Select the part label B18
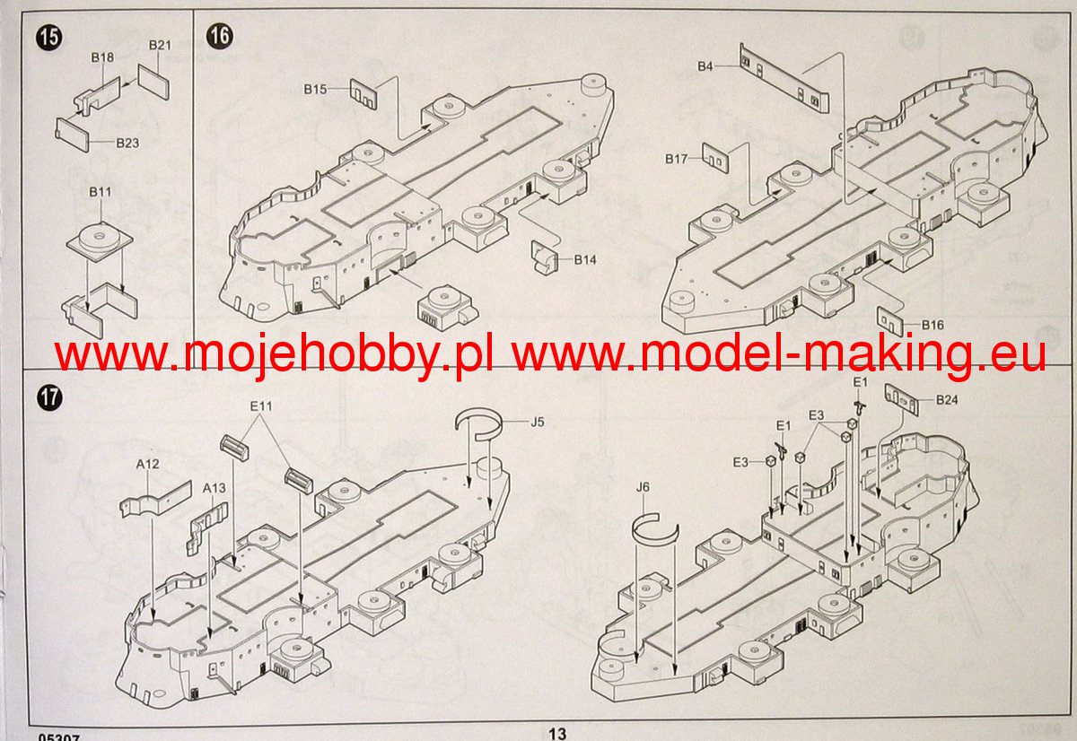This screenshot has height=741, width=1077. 102,57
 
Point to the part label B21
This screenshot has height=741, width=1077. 160,45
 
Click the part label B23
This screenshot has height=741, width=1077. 127,143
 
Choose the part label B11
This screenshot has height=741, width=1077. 100,192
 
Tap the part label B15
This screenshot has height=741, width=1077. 316,89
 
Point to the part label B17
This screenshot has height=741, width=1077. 677,159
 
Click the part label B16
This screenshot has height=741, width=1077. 932,325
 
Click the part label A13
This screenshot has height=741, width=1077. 214,488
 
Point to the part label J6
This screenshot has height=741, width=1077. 642,486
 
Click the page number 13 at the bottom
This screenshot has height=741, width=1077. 557,733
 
